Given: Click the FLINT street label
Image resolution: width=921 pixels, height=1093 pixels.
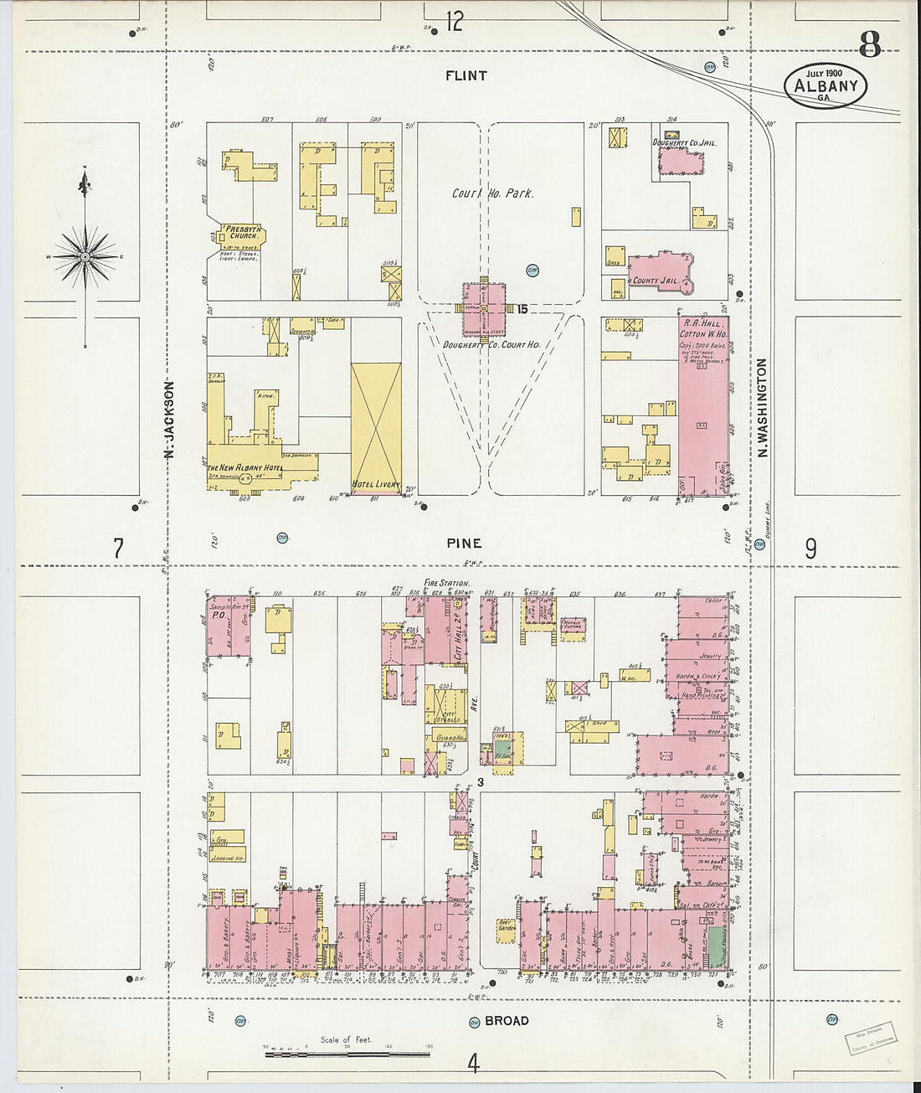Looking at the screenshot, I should point(466,75).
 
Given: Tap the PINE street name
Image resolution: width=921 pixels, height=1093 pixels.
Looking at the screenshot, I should point(464,544).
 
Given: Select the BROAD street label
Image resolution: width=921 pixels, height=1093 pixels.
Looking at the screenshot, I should point(507,1020).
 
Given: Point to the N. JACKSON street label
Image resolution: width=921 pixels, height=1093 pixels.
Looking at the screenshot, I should point(168,420).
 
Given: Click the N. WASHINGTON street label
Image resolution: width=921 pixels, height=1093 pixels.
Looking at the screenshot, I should point(763,408).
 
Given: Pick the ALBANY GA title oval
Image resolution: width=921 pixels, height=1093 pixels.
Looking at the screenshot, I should point(825,85).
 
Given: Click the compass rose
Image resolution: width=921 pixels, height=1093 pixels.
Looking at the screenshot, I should point(85,255).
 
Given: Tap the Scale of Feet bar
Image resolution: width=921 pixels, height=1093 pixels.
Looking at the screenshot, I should point(347,1053).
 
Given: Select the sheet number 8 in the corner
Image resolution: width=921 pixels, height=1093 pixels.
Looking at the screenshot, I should point(869,42).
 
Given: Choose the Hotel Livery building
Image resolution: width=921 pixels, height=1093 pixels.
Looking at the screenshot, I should point(376,428).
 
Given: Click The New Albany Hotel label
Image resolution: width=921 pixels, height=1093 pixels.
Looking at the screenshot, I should point(245,467).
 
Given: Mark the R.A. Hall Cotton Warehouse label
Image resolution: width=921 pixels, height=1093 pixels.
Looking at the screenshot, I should point(703,328).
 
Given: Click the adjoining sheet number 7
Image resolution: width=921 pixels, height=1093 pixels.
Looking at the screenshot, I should point(118,549).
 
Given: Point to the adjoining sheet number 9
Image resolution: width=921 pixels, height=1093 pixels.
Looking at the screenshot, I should point(810,549).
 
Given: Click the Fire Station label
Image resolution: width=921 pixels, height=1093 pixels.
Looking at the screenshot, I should point(446,583).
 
